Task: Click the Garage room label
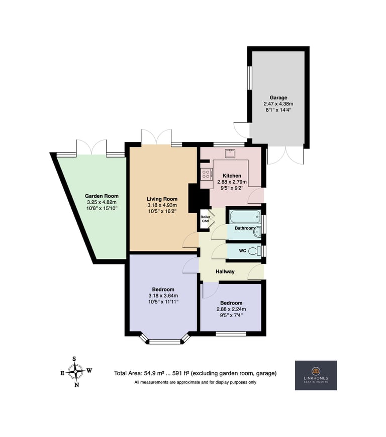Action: tap(278, 97)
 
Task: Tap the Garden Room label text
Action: tap(102, 196)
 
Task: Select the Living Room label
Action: tap(162, 199)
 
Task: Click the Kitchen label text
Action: tap(232, 176)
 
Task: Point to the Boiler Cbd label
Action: tap(206, 219)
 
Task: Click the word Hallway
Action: tap(225, 271)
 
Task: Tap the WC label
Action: tap(243, 250)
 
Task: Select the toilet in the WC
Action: tap(255, 250)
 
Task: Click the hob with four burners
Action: tap(206, 174)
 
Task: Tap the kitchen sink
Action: tap(231, 154)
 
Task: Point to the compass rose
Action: tap(75, 372)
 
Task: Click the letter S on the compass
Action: tap(74, 359)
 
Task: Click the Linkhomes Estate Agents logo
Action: tap(316, 375)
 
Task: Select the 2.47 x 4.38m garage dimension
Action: tap(278, 104)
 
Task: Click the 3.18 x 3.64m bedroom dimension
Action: tap(163, 296)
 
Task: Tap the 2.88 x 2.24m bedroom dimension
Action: tap(231, 309)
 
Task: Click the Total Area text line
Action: tap(195, 373)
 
